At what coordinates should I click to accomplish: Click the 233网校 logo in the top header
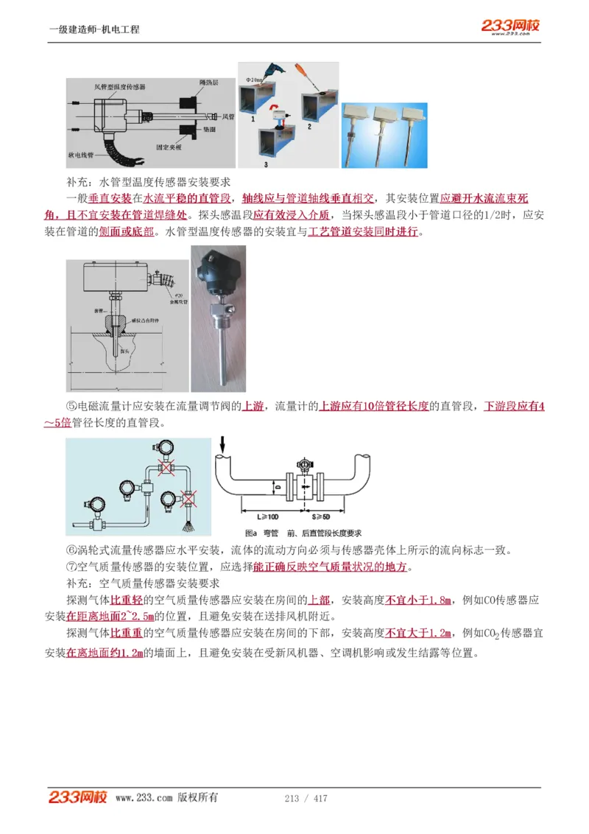click(x=510, y=26)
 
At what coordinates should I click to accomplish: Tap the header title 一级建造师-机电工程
click(x=94, y=29)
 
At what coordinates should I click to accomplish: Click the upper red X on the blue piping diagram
click(x=168, y=468)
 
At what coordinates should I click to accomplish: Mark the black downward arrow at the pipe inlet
click(x=222, y=444)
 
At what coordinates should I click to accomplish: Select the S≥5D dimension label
click(x=320, y=516)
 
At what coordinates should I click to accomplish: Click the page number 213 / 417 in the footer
click(x=306, y=799)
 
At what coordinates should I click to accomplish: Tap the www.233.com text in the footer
click(x=144, y=798)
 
